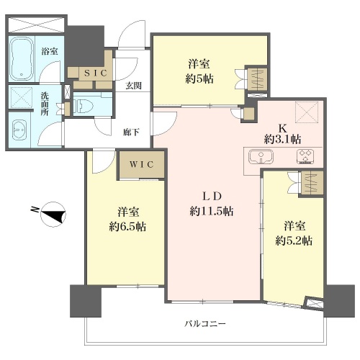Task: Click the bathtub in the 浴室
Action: coord(22,59)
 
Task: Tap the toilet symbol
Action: coord(81,104)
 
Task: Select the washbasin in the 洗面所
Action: coord(19,130)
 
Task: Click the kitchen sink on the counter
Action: coord(261,156)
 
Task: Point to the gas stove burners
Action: coord(305,156)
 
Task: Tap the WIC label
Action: coord(142,165)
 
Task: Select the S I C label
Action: coord(95,73)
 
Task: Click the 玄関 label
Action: coord(134,86)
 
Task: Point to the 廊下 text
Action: coord(131,132)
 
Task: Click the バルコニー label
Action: coord(205,324)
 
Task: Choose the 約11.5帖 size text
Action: coord(212,212)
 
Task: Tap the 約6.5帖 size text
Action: coord(127,227)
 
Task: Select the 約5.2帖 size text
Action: coord(294,240)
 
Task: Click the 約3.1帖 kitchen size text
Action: coord(283,139)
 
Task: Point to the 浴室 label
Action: coord(50,51)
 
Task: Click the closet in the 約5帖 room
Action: coord(257,79)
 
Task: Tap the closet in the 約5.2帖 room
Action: coord(312,183)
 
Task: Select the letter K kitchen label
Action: coord(282,129)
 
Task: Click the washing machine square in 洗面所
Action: coord(22,98)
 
